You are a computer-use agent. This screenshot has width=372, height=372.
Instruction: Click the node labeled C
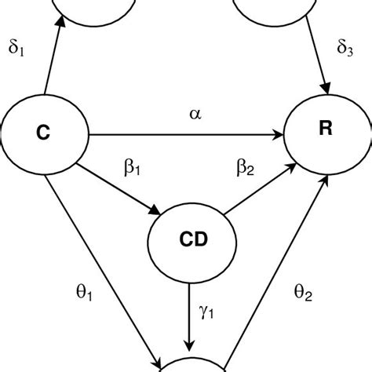point(44,134)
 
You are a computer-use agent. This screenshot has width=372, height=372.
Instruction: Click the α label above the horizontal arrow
point(195,115)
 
